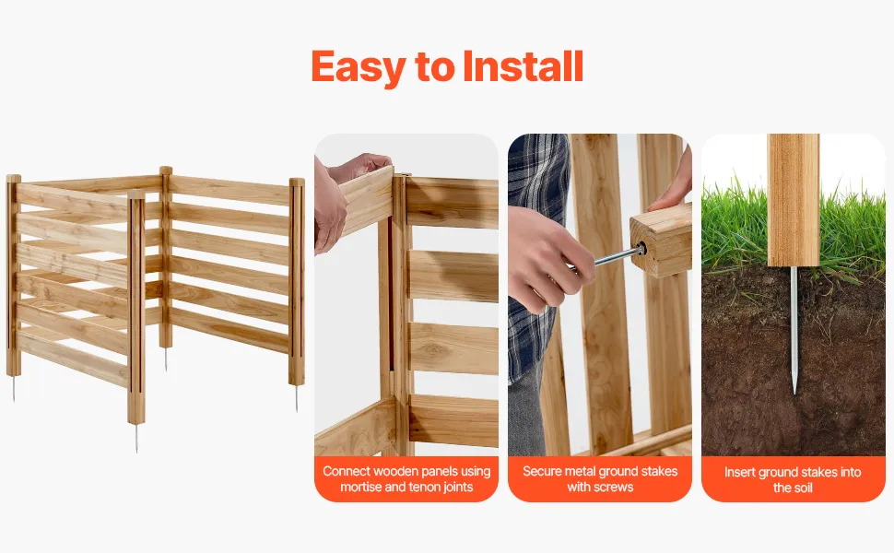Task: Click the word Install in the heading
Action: point(523,66)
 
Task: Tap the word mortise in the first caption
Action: point(360,487)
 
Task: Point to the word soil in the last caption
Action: point(802,488)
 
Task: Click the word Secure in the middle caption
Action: point(541,472)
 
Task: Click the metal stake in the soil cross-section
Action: point(794,330)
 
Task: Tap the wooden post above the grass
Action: point(794,199)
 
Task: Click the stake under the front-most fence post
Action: point(136,438)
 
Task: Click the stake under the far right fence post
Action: point(297,398)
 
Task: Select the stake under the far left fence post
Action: point(14,388)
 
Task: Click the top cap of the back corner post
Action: point(166,170)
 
